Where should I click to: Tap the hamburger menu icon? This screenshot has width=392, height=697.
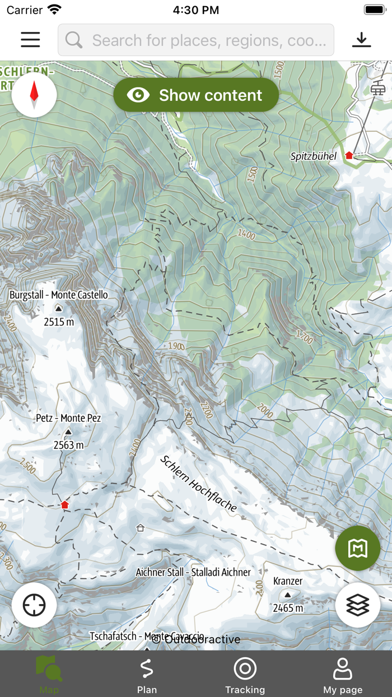pos(30,40)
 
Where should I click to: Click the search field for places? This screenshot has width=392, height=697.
pos(196,40)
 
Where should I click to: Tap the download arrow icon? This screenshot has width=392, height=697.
pos(362,40)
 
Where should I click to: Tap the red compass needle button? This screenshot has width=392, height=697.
pos(34,95)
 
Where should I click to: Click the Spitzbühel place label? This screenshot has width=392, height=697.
pos(314,156)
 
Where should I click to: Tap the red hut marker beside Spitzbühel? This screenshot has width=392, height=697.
pos(349,155)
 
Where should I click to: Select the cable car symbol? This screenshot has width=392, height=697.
pos(378,88)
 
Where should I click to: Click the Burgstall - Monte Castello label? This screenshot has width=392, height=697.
pos(59,295)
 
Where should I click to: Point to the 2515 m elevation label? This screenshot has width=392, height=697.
pos(59,322)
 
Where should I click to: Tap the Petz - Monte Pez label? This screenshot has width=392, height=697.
pos(68,418)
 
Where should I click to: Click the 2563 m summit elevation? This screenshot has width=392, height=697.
pos(68,445)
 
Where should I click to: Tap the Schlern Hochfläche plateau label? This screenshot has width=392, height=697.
pos(199,483)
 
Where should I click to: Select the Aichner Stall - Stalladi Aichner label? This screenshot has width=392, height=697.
pos(193,572)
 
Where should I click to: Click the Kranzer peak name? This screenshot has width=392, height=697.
pos(288,581)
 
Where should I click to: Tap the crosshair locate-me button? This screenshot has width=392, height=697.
pos(34,605)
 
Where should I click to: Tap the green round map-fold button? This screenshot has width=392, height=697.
pos(358,549)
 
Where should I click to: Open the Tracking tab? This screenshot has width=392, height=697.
pos(245,674)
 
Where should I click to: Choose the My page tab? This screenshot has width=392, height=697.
pos(343,674)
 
